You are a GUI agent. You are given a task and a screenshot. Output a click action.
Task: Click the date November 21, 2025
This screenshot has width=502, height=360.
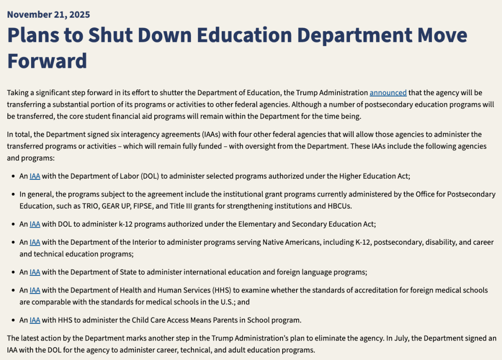[48, 14]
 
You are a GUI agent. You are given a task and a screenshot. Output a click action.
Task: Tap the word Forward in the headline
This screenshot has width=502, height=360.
[47, 61]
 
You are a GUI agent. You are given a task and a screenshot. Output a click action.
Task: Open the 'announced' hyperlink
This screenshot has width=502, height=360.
[388, 92]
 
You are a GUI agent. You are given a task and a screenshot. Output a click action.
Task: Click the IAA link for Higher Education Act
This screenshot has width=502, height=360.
[35, 176]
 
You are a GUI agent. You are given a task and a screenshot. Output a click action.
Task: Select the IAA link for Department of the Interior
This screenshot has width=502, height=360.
[35, 242]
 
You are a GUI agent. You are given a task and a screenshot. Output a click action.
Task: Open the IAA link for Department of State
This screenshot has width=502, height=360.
[35, 272]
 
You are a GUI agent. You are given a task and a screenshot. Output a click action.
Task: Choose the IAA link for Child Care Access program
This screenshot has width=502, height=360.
[35, 320]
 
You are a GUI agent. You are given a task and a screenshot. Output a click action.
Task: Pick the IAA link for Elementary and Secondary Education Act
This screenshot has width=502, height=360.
[35, 224]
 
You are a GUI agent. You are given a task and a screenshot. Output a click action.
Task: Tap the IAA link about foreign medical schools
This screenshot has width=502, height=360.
[35, 290]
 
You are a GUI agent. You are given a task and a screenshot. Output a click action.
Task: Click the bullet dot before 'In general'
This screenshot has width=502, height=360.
[13, 194]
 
